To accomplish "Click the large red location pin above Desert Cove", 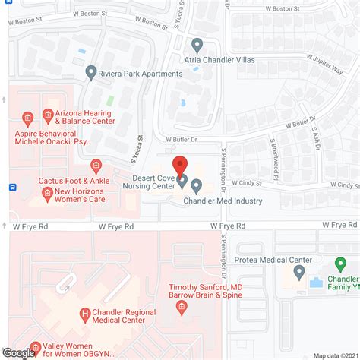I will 180,164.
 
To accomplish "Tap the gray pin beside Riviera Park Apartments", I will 91,74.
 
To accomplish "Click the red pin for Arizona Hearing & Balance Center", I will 48,116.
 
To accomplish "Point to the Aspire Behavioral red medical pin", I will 28,118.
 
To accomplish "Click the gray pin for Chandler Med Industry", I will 197,185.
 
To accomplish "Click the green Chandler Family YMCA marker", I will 341,266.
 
